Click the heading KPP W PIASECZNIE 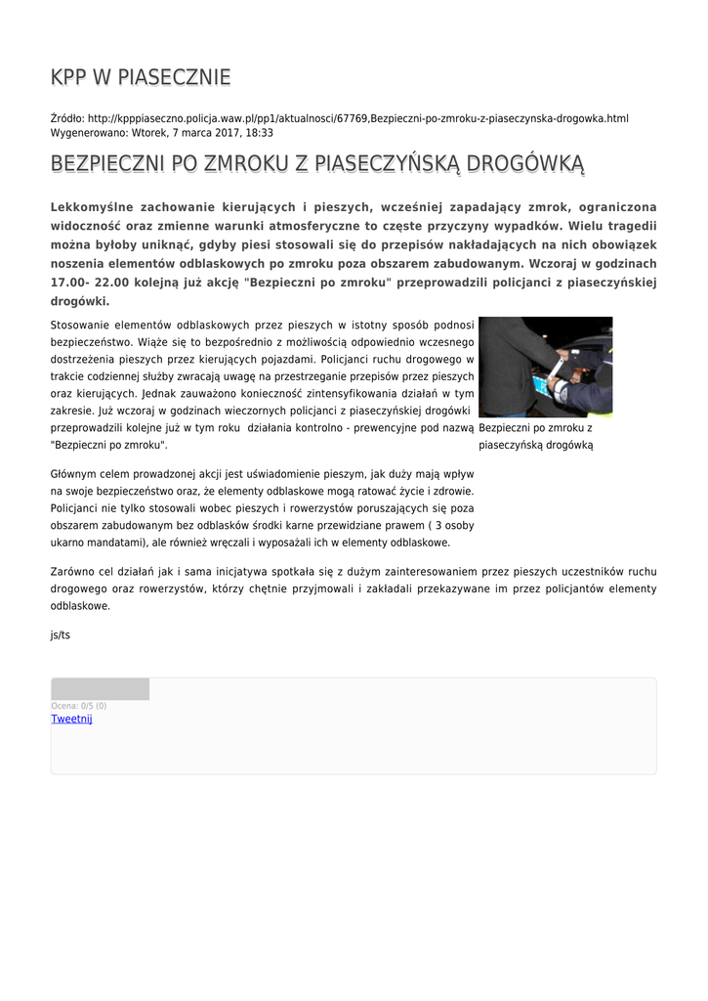[141, 77]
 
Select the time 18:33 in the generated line [259, 133]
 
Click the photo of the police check [545, 367]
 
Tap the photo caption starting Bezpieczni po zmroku [536, 436]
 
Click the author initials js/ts [61, 634]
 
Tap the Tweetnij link [71, 719]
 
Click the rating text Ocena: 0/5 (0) [79, 706]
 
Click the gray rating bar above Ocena [100, 689]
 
